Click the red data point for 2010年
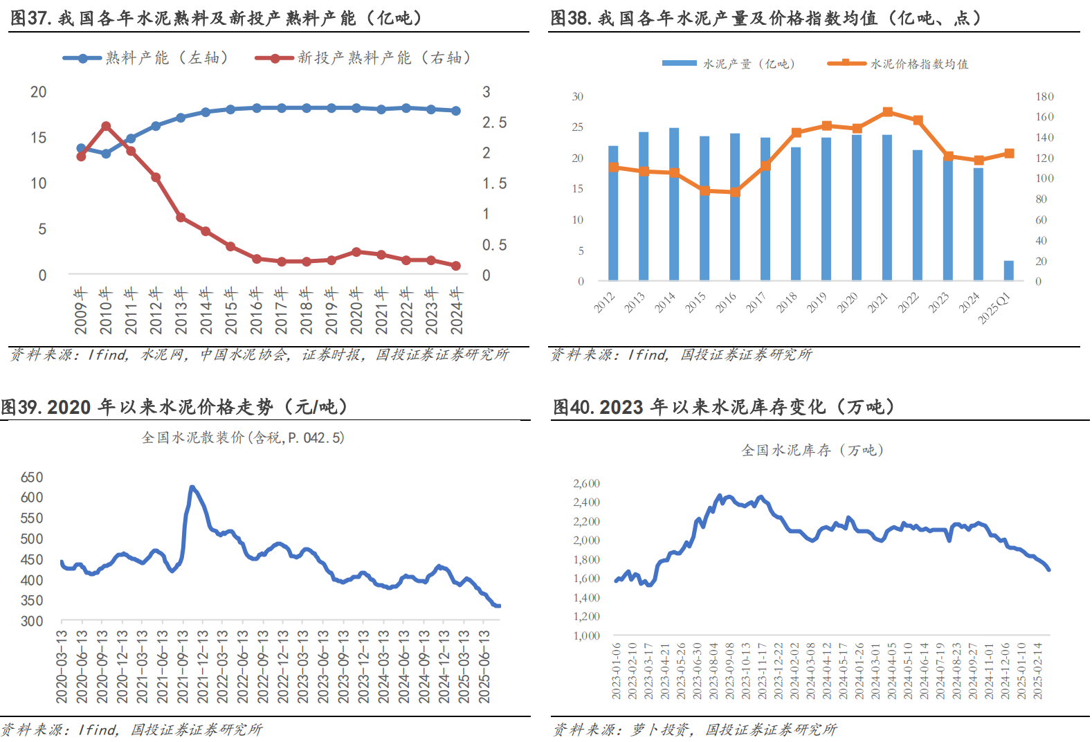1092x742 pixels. (x=106, y=127)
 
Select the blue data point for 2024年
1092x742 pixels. (x=456, y=111)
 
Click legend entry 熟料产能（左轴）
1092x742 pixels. (x=145, y=58)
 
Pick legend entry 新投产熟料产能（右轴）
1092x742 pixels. (x=363, y=58)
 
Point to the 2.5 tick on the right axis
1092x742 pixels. (x=494, y=123)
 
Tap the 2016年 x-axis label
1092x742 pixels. (x=256, y=311)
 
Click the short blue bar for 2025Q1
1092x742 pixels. (x=1008, y=271)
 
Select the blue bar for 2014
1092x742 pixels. (x=674, y=204)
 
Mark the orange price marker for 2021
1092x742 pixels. (x=887, y=112)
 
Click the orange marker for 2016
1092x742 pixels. (x=735, y=192)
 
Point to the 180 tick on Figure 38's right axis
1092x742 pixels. (x=1044, y=97)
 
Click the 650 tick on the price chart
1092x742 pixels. (x=32, y=478)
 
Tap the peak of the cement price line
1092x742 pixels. (x=192, y=487)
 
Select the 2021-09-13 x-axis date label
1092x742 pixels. (x=183, y=666)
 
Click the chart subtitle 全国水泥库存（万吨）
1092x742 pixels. (x=812, y=451)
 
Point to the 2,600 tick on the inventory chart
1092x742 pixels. (x=586, y=484)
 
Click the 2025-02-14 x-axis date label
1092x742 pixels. (x=1037, y=670)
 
